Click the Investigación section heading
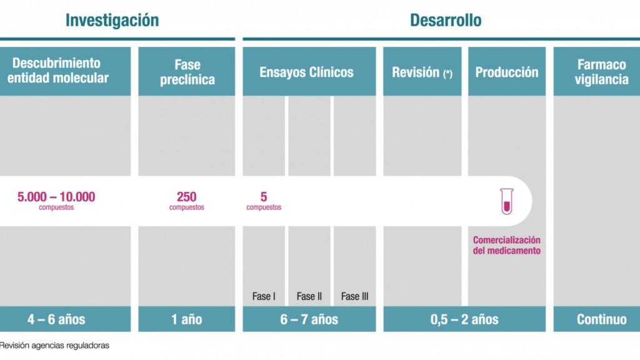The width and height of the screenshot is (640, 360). point(112,20)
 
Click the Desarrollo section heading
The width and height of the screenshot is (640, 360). point(446,20)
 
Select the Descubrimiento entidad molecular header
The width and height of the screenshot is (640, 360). point(61,71)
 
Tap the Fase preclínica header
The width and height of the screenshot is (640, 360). point(187,72)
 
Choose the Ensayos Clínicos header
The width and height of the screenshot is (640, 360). point(306,72)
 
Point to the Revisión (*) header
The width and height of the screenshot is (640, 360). point(422,72)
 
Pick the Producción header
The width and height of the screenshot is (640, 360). point(506,72)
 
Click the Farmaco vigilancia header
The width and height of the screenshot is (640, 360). point(601,72)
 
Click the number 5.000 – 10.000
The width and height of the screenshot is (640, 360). point(56,197)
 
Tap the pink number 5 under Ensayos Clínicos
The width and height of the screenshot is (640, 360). point(264,197)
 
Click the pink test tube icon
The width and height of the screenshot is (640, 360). point(506,201)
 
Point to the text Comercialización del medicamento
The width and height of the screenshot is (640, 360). point(506,245)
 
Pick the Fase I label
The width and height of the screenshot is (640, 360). point(264,296)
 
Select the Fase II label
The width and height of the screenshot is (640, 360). point(309,296)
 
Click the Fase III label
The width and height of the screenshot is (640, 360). point(354,296)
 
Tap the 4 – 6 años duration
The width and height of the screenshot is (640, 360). point(56,319)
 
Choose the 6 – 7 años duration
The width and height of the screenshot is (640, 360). point(309,319)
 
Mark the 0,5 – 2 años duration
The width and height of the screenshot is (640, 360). point(464,319)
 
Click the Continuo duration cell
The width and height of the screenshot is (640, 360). point(601,319)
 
